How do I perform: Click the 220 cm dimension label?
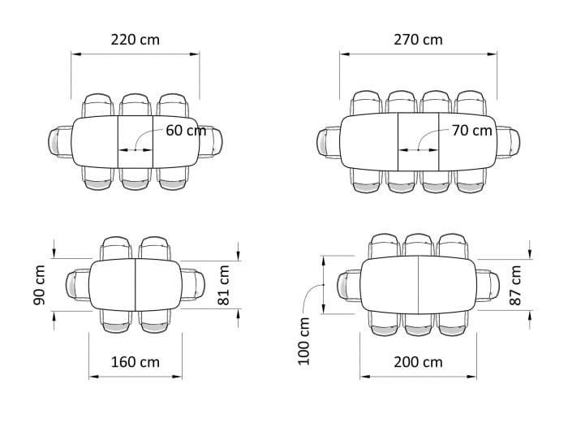point(136,40)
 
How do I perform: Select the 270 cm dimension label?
point(418,40)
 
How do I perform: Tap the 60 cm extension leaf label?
point(186,131)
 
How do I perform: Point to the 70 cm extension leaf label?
point(472,131)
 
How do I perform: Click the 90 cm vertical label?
point(39,285)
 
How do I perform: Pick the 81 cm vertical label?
point(224,285)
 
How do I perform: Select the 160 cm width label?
point(136,362)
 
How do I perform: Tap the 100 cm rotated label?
point(303,341)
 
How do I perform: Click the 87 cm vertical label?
point(515,285)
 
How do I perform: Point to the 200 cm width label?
point(418,362)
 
